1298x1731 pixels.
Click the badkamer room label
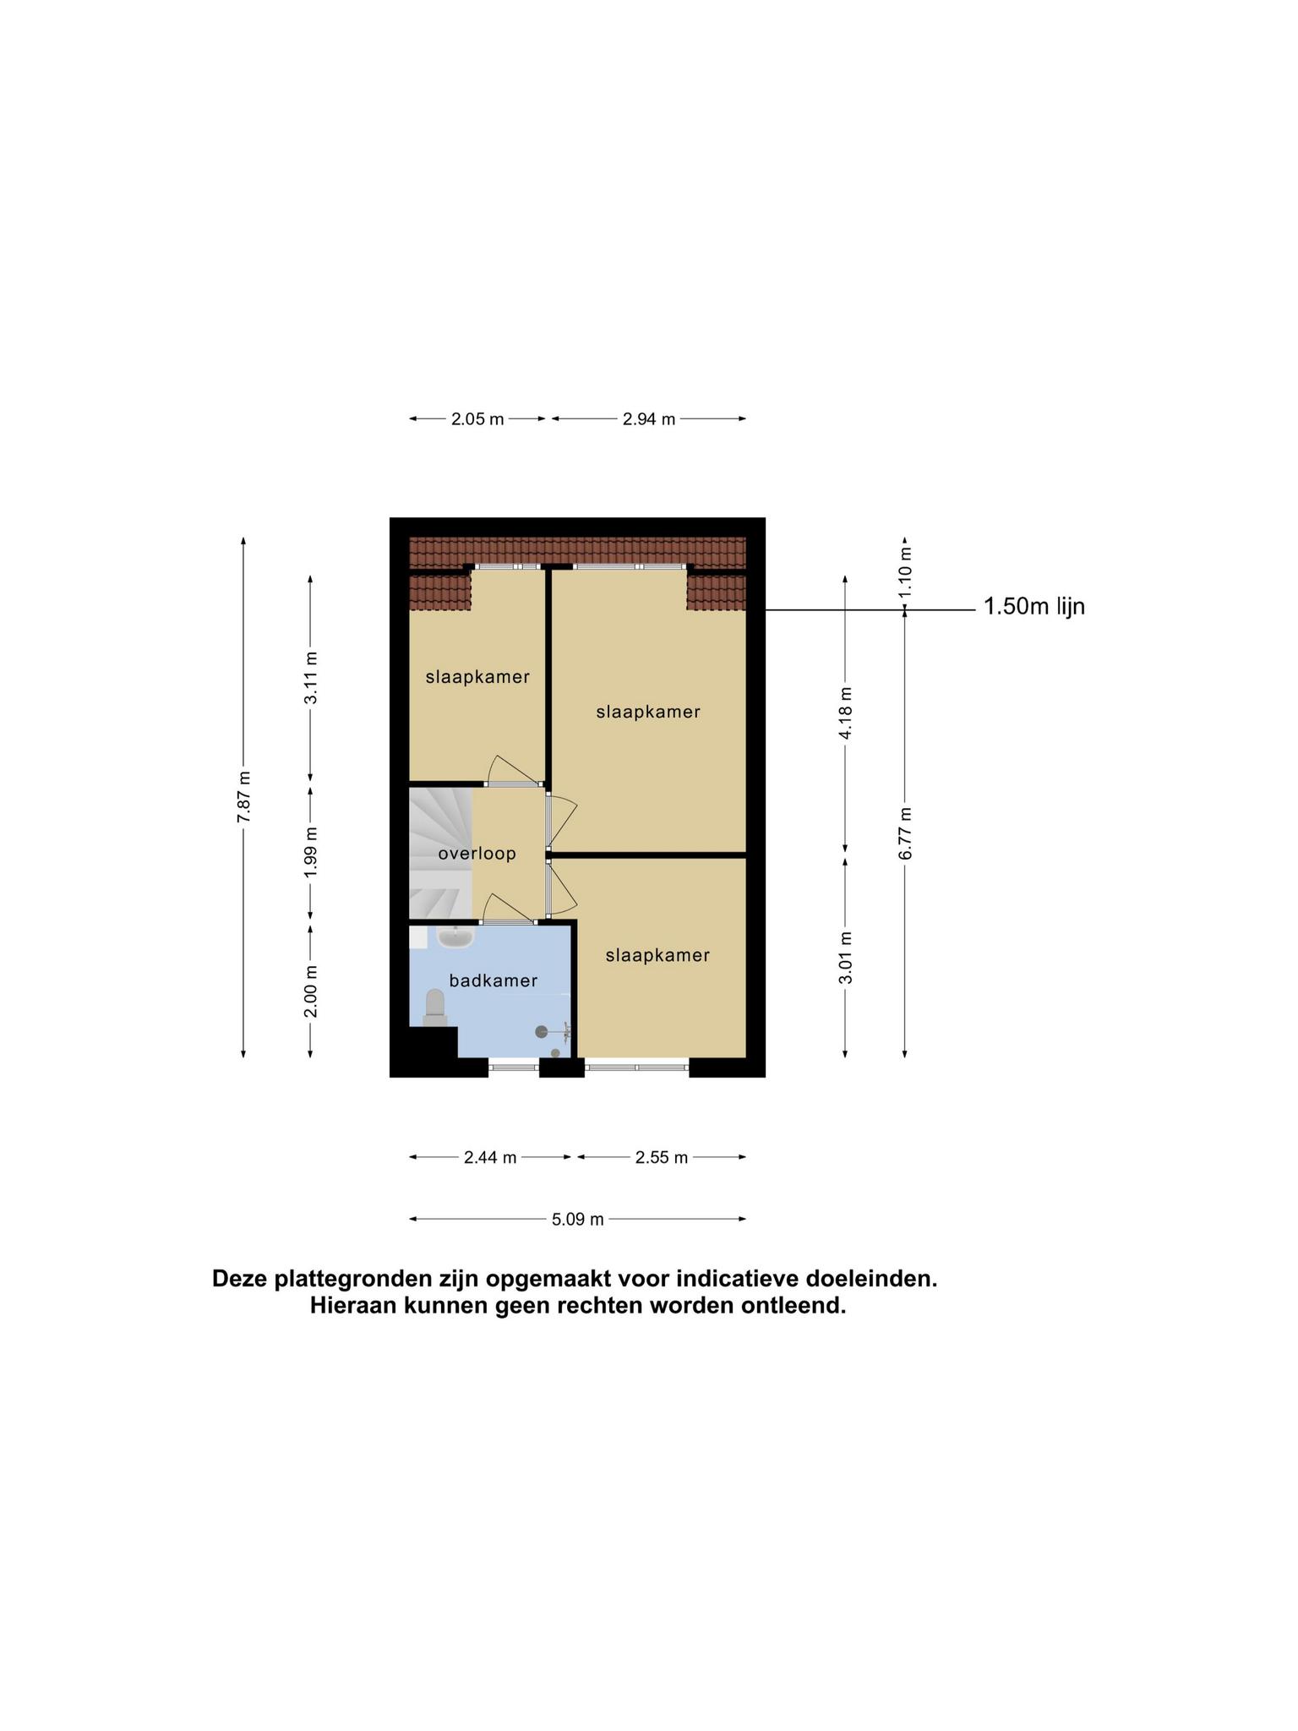[494, 980]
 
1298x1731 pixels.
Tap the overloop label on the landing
[477, 854]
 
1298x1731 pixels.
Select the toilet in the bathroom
[435, 1008]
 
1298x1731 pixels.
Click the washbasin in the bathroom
[456, 936]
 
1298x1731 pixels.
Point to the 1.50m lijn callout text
[1034, 606]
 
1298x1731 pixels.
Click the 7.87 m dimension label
[243, 797]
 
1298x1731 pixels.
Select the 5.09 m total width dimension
[578, 1220]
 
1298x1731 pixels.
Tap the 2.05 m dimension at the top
[477, 418]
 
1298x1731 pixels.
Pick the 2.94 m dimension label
[649, 418]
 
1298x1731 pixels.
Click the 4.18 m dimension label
[846, 713]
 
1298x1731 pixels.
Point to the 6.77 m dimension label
[905, 833]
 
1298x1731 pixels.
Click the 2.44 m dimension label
[490, 1157]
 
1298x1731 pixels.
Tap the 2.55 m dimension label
[662, 1157]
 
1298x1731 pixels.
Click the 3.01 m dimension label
[846, 958]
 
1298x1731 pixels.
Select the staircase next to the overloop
[440, 853]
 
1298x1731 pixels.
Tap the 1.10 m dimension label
[905, 571]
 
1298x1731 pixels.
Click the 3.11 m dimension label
[311, 678]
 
